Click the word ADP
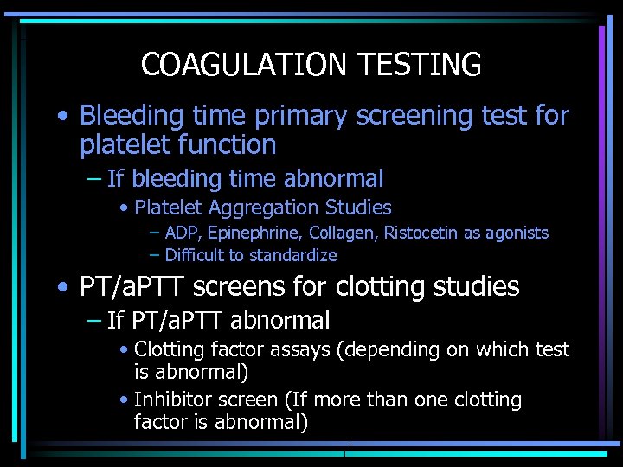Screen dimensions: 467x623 click(x=181, y=233)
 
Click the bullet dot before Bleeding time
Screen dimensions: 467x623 click(x=66, y=116)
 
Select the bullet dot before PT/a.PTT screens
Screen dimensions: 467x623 click(x=66, y=286)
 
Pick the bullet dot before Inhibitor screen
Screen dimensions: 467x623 click(x=125, y=401)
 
